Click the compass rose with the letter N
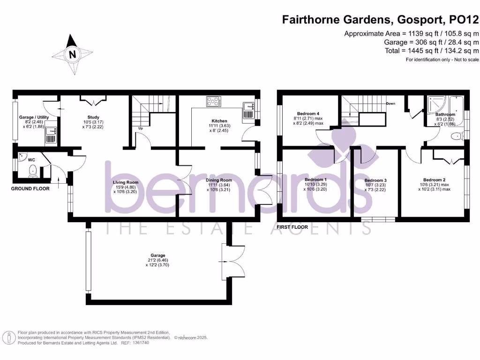72,54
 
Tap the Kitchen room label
219,121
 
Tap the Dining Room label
219,180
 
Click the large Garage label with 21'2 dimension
158,255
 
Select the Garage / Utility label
34,117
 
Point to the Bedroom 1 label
315,180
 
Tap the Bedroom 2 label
434,180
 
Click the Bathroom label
445,114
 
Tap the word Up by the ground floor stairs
140,128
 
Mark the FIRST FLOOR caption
292,227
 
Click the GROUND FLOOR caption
30,189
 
